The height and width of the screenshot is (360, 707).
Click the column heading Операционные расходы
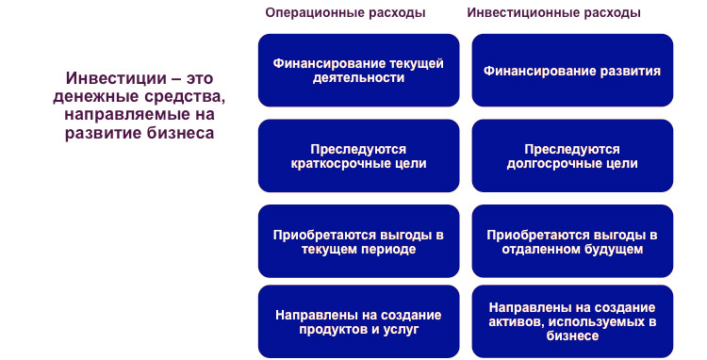pos(345,13)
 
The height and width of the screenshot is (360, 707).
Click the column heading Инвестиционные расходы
pos(554,13)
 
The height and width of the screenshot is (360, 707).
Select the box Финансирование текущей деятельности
pos(358,71)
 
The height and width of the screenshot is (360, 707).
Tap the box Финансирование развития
pos(572,71)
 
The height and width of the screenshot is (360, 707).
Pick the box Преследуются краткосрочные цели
pos(358,155)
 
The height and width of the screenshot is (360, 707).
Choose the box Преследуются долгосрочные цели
pos(572,155)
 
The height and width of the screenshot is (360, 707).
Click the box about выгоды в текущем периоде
pos(358,241)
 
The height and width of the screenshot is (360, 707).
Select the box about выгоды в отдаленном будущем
pos(572,241)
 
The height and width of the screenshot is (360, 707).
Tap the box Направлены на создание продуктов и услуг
pos(358,321)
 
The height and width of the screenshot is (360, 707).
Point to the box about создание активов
pos(572,321)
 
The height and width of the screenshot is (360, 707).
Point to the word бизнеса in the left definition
pos(178,133)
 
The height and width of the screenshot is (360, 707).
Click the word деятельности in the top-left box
pos(358,79)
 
